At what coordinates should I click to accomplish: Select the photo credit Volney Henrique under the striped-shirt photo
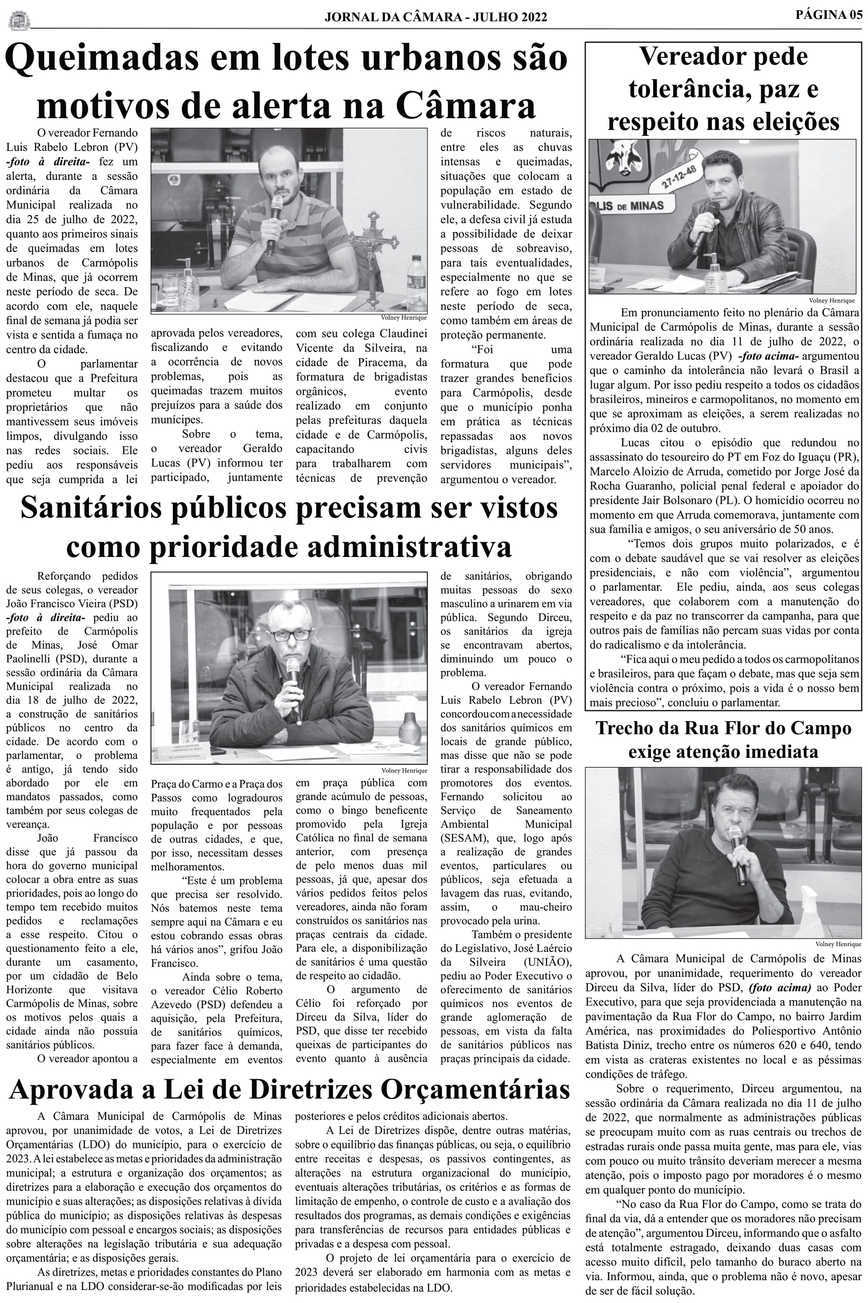[403, 318]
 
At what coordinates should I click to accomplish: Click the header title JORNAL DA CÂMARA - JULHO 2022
[436, 18]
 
